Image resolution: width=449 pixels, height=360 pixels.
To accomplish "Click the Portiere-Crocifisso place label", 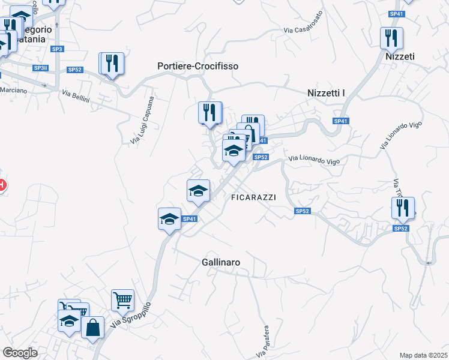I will point(197,66).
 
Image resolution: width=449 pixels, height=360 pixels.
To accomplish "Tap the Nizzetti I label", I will point(327,92).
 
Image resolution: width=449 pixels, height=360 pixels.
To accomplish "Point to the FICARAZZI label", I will point(253,197).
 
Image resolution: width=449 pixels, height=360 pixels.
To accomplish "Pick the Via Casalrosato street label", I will point(303,22).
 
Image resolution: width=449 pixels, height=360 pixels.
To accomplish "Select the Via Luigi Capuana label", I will point(142,120).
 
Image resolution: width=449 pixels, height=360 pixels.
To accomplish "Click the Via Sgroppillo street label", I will point(131,314).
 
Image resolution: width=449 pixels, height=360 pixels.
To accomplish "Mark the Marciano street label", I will point(13,90).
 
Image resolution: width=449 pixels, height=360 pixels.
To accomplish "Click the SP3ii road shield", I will point(41,68).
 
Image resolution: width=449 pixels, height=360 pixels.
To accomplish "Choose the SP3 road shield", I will point(57,49).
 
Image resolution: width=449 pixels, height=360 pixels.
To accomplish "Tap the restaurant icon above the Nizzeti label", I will point(391,37).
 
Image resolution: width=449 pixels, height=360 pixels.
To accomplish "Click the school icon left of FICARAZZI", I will point(198,190).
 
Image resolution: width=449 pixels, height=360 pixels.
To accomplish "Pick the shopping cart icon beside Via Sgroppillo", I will point(122,299).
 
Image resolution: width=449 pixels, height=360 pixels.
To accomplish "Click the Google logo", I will point(20,353).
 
